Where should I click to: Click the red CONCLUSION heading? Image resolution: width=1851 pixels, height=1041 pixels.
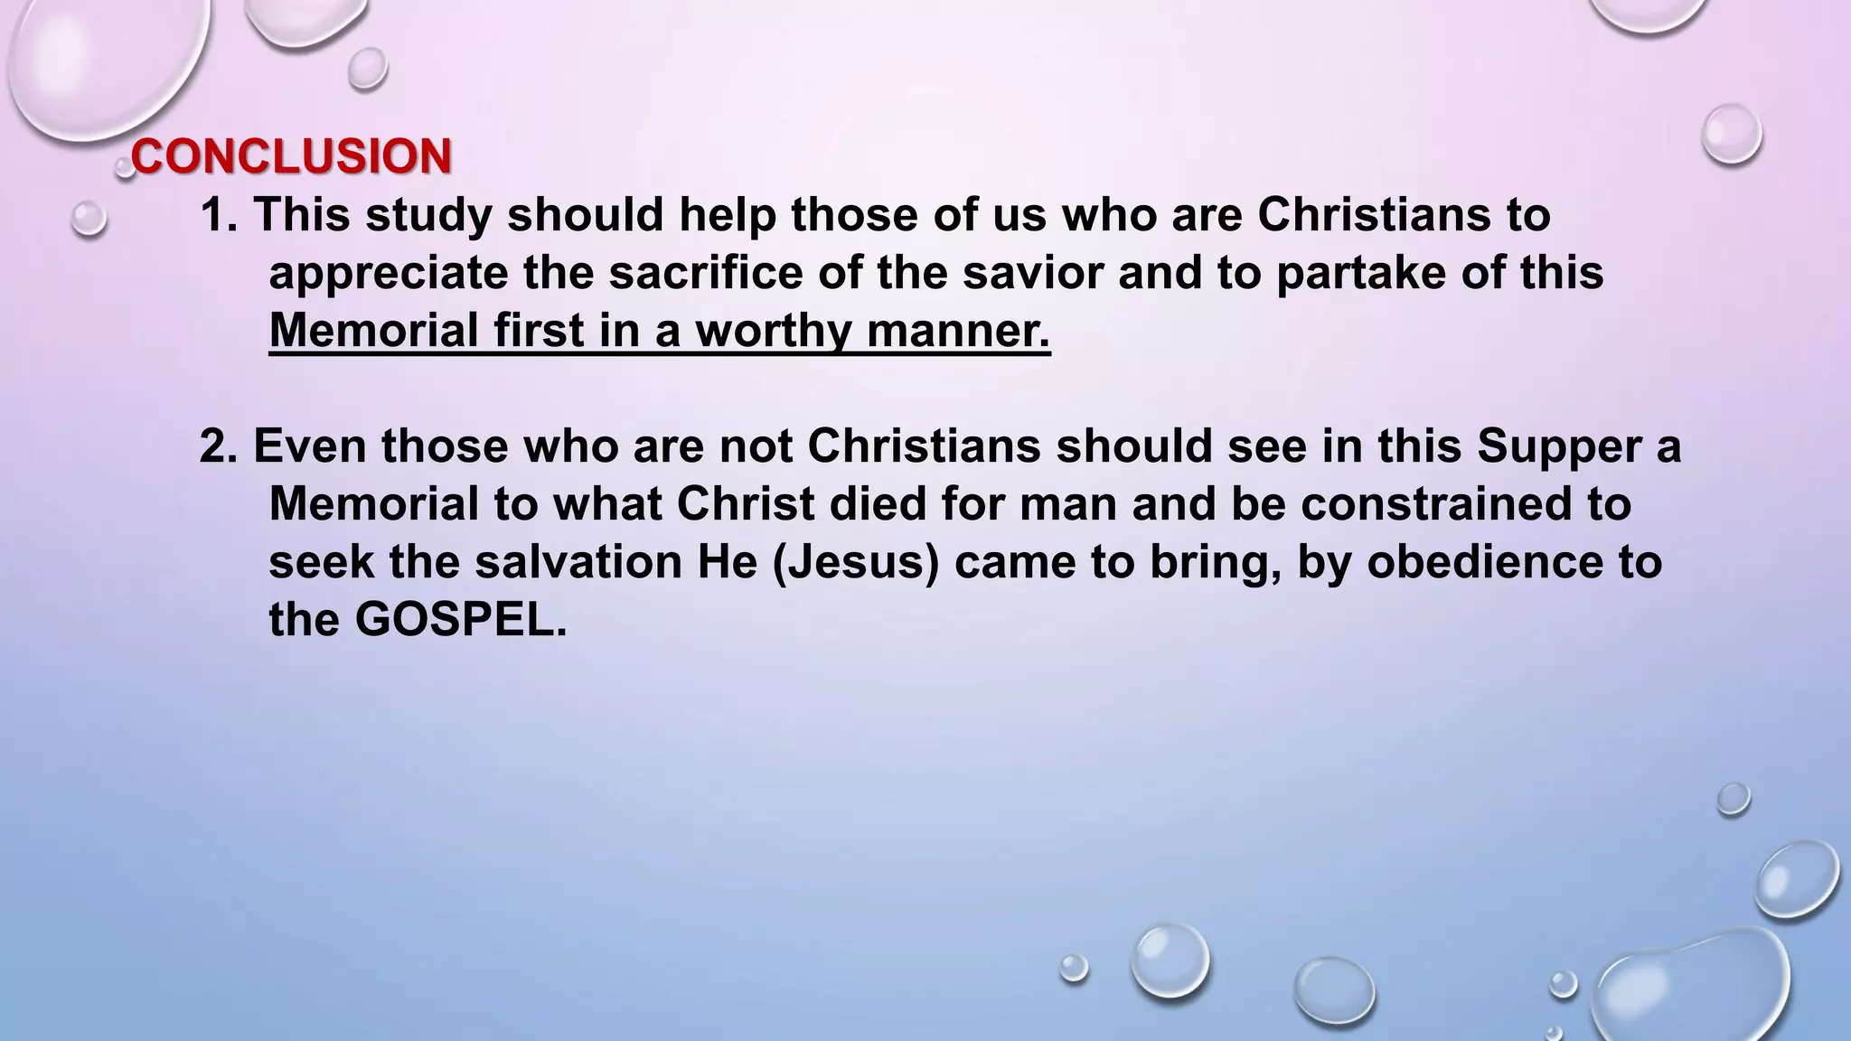(x=291, y=156)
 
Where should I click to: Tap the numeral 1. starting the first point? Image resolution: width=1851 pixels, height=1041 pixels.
(x=218, y=215)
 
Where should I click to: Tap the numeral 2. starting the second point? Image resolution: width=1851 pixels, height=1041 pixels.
(x=218, y=446)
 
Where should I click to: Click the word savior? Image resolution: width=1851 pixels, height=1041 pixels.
(x=1032, y=273)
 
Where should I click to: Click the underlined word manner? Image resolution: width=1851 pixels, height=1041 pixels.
(x=958, y=331)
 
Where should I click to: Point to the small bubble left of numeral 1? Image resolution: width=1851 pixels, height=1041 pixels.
(x=89, y=219)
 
